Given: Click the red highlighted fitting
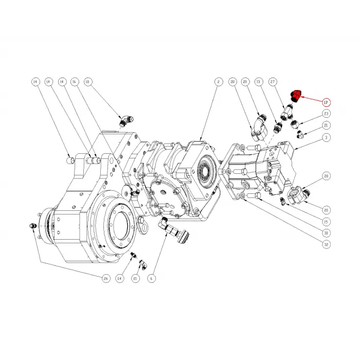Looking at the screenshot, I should (x=297, y=95).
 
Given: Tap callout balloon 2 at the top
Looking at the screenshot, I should (x=218, y=82).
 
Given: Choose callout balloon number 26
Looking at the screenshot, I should (x=106, y=278).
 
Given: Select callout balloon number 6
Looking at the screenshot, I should (x=151, y=278).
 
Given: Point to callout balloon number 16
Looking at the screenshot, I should (x=74, y=82).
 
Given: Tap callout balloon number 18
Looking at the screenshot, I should (x=87, y=82).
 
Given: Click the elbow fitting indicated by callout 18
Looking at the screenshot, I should (x=124, y=121).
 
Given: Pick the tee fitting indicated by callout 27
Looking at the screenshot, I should (x=286, y=109).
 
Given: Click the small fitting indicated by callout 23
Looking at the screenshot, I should (x=295, y=122).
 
